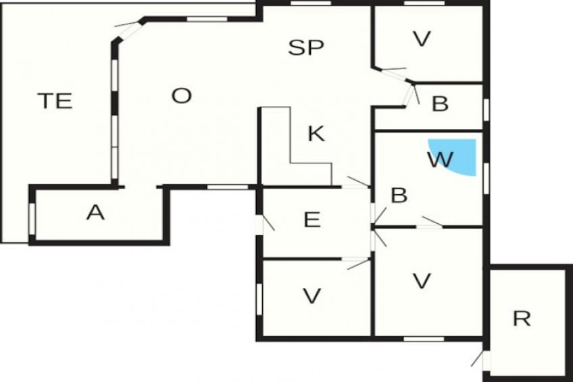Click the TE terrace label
(x=55, y=101)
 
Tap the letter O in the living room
(x=181, y=96)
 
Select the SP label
(x=305, y=48)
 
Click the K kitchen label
(x=315, y=134)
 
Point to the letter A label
(x=96, y=213)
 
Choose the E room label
(x=312, y=220)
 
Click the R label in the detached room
(x=521, y=318)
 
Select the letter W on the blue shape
(x=440, y=160)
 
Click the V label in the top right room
(x=422, y=40)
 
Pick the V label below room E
(x=312, y=295)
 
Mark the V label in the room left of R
(x=422, y=281)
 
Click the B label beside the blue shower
(x=399, y=195)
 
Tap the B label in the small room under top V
(x=440, y=104)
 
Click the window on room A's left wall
(x=32, y=217)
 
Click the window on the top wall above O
(x=207, y=18)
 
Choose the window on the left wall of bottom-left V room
(x=259, y=298)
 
